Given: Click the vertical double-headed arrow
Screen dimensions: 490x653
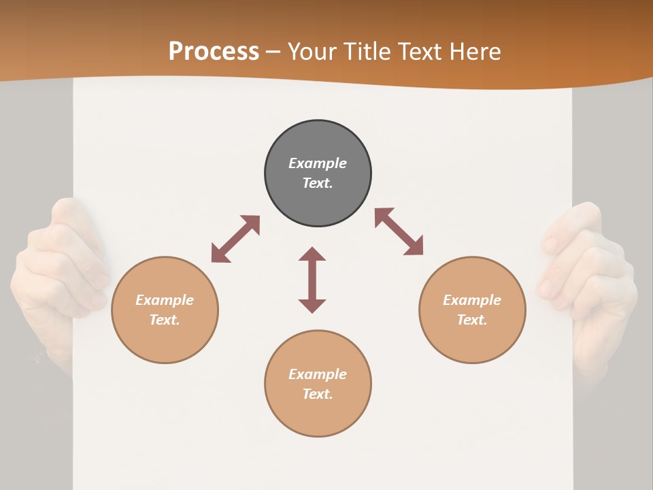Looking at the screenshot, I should [x=312, y=280].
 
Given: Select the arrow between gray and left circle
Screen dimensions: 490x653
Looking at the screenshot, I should [x=235, y=239].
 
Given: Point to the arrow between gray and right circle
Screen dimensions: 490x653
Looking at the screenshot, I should [x=399, y=231].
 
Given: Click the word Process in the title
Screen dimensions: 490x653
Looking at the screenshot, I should [x=214, y=52].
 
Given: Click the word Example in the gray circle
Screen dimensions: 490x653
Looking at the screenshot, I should [x=318, y=163].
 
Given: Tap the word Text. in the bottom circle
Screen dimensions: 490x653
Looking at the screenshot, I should [x=318, y=394].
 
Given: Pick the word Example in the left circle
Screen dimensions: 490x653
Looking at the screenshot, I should [x=165, y=300].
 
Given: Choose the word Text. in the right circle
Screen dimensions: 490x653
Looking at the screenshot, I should [x=472, y=320].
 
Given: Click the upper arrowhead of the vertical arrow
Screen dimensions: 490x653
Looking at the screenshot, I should [x=312, y=255].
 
